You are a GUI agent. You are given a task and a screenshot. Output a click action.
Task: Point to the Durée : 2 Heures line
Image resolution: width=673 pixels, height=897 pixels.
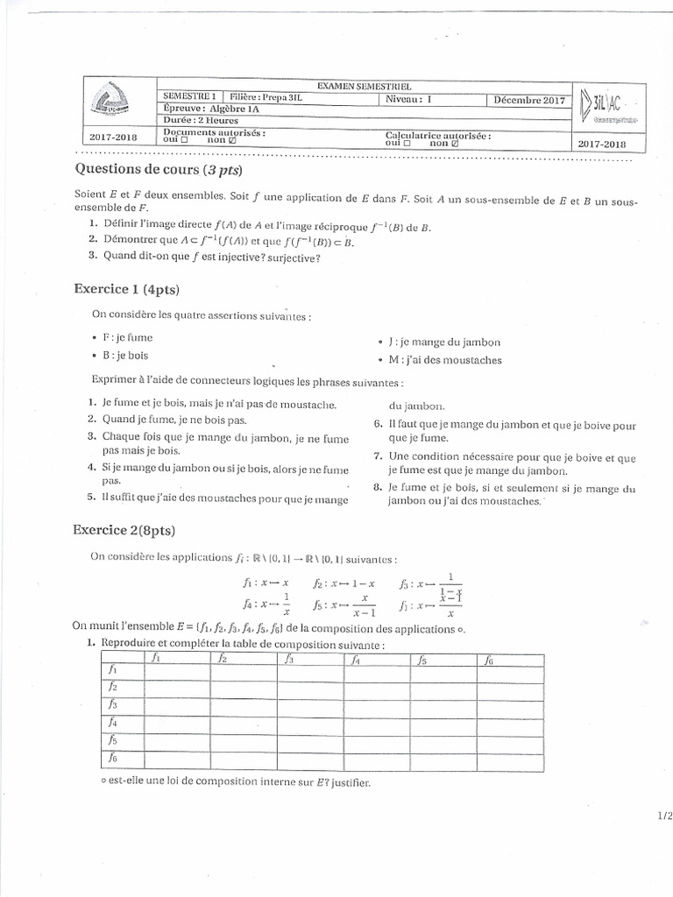tap(201, 121)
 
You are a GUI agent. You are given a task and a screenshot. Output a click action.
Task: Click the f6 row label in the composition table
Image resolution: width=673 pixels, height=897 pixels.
tap(112, 759)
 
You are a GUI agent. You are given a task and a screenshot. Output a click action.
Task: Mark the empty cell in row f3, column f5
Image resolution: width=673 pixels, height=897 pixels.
tap(443, 704)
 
